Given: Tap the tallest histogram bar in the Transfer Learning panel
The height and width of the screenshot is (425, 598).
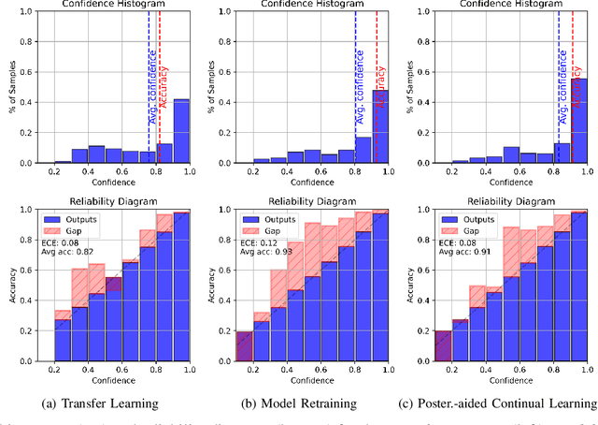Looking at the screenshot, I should click(x=181, y=130).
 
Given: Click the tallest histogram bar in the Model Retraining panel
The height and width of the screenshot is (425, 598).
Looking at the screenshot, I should click(x=380, y=125).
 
